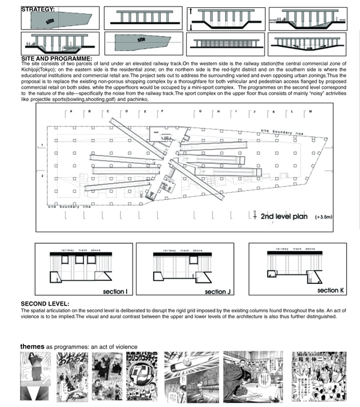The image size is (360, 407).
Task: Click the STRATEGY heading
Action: coord(38,10)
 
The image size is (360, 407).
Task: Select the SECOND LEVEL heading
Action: coord(45,304)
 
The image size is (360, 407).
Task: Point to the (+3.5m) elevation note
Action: coord(326,217)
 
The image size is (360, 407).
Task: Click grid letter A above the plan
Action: coord(71,112)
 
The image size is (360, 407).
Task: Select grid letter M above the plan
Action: coord(311,112)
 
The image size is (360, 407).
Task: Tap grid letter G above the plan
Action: coord(200,112)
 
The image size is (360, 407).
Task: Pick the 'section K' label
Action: coord(328,291)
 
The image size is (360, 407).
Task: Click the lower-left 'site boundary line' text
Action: coord(69,206)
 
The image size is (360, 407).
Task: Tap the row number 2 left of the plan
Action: coord(42,175)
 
